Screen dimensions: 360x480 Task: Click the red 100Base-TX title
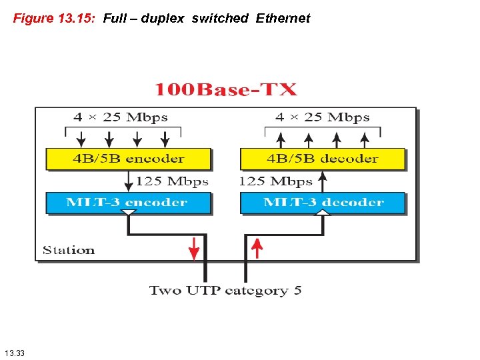[x=226, y=90]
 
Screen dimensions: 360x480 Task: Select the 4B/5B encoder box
[x=128, y=159]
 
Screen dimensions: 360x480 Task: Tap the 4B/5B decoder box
[x=322, y=159]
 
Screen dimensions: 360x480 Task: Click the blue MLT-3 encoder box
[x=128, y=203]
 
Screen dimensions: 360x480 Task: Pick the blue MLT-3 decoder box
[x=322, y=203]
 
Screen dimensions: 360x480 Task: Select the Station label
[x=69, y=251]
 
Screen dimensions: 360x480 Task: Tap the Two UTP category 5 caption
[x=225, y=291]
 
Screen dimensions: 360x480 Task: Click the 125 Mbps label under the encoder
[x=172, y=181]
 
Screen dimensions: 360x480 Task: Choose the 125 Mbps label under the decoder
[x=275, y=181]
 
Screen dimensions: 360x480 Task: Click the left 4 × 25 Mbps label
[x=120, y=117]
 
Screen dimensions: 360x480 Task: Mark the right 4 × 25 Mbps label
[x=322, y=117]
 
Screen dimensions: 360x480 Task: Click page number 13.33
[x=14, y=352]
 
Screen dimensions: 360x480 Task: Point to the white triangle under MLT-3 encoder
[x=129, y=213]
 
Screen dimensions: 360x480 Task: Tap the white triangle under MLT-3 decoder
[x=323, y=213]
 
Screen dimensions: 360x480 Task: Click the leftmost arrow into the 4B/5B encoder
[x=81, y=139]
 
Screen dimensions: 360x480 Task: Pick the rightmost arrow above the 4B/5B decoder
[x=365, y=139]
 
